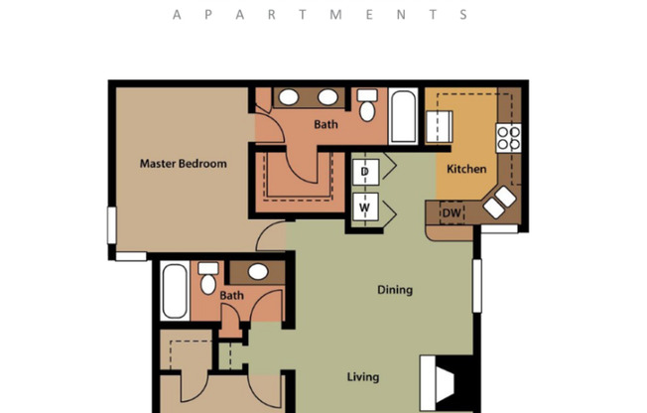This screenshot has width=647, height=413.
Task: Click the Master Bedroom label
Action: (183, 164)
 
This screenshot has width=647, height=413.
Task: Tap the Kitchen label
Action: (466, 169)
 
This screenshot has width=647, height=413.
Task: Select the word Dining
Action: (395, 291)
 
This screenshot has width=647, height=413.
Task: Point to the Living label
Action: (362, 377)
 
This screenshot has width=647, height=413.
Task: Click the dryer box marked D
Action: (364, 172)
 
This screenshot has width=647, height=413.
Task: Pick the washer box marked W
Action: (364, 207)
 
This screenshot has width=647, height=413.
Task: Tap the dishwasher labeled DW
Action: (451, 212)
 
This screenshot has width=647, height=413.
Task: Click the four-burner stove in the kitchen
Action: (509, 137)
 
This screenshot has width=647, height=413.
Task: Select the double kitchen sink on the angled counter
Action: (499, 203)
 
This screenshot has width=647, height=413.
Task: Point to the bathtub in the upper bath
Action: (404, 117)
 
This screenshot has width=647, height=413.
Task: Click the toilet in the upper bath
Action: (368, 105)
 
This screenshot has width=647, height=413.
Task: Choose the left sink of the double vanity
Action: (289, 97)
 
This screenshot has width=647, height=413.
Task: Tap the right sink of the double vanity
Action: (326, 97)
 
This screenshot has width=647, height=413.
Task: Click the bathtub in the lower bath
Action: (175, 291)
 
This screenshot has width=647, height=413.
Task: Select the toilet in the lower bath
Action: (208, 280)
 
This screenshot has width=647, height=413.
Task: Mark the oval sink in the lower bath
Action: (258, 271)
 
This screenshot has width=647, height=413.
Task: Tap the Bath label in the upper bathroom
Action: (326, 125)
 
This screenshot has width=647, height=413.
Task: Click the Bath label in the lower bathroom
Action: (231, 296)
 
